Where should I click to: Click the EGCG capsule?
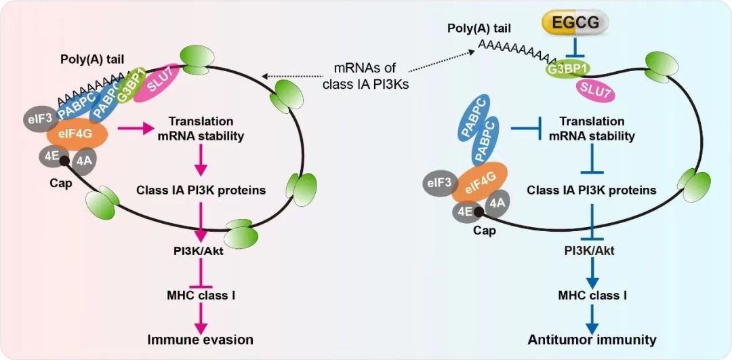(x=575, y=24)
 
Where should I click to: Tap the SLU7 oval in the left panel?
(x=155, y=85)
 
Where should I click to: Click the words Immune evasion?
(x=201, y=339)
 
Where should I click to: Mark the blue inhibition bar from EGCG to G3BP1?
(x=575, y=47)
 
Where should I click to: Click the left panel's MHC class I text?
(x=201, y=296)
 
